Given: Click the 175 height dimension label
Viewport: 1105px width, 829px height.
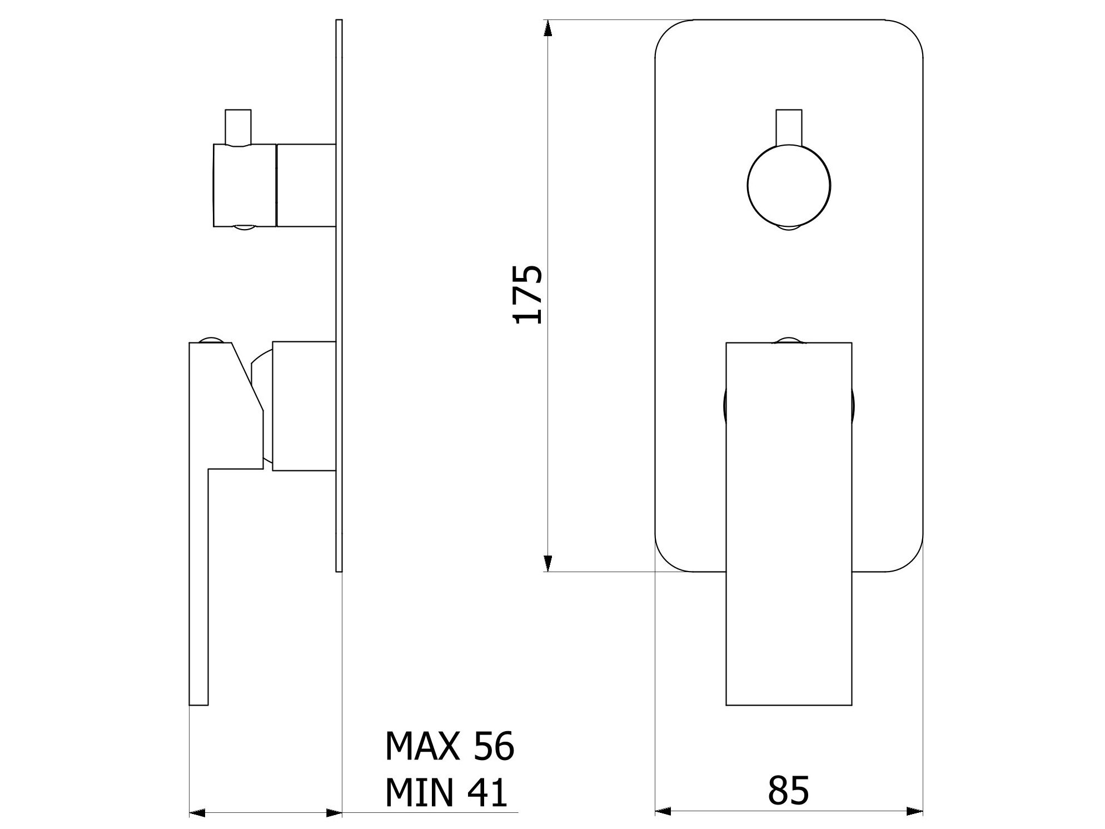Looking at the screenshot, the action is click(x=527, y=295).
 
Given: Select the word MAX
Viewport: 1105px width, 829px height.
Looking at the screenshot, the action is click(x=422, y=746).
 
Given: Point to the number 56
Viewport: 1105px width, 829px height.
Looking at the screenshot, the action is click(x=494, y=746).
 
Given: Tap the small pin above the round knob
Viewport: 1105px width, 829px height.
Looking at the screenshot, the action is click(x=789, y=127).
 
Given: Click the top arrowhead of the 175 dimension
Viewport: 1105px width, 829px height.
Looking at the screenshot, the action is click(x=547, y=28).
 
